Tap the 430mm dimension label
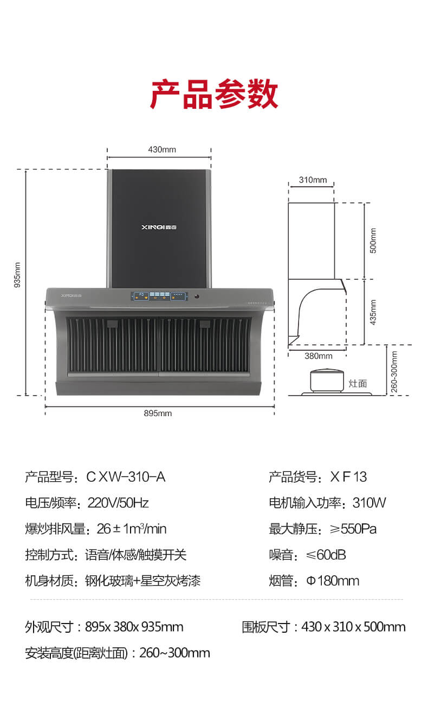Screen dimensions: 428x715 [162, 149]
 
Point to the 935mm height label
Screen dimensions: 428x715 [17, 275]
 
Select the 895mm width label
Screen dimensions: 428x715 [158, 414]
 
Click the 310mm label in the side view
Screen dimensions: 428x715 [313, 180]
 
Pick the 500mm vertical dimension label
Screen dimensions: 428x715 [373, 241]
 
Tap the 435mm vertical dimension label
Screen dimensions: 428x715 [373, 312]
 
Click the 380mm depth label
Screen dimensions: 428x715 [319, 356]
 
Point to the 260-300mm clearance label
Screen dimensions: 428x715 [394, 372]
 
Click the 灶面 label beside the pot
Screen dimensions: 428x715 [358, 383]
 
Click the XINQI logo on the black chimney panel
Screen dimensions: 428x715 [159, 227]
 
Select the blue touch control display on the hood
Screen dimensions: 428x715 [159, 296]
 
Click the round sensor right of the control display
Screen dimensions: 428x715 [197, 297]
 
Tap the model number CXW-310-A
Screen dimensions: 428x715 [126, 477]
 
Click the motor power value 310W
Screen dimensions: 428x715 [369, 503]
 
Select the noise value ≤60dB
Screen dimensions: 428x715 [326, 555]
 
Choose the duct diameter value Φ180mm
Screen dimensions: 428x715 [333, 581]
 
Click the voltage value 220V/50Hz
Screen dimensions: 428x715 [118, 503]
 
